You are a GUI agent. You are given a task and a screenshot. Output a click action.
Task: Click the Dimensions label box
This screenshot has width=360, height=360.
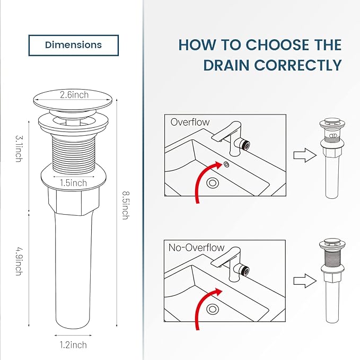[x=74, y=45]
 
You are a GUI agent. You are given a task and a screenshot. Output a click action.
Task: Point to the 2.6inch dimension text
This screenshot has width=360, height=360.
[x=74, y=95]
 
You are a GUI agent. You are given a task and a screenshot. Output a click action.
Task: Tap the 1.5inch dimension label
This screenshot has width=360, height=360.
[x=73, y=183]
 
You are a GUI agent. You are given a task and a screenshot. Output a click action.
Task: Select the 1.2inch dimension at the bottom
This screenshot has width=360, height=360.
[x=73, y=345]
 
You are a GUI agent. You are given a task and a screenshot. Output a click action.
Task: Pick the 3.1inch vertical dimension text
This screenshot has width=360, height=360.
[x=18, y=149]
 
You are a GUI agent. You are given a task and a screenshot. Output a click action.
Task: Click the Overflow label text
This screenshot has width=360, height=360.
[x=190, y=122]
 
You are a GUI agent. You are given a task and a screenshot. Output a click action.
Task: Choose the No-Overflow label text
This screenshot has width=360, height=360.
[x=197, y=248]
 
